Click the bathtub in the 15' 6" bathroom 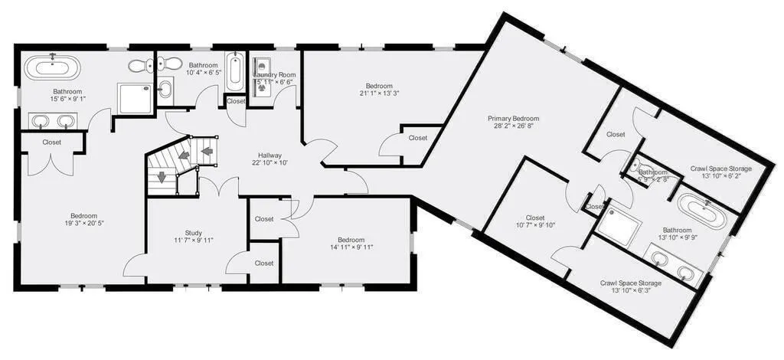[x=53, y=67]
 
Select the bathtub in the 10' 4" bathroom [x=236, y=71]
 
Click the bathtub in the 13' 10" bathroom [x=701, y=212]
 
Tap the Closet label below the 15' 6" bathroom [x=52, y=142]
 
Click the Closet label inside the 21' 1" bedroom [x=418, y=138]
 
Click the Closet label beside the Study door [x=264, y=263]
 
